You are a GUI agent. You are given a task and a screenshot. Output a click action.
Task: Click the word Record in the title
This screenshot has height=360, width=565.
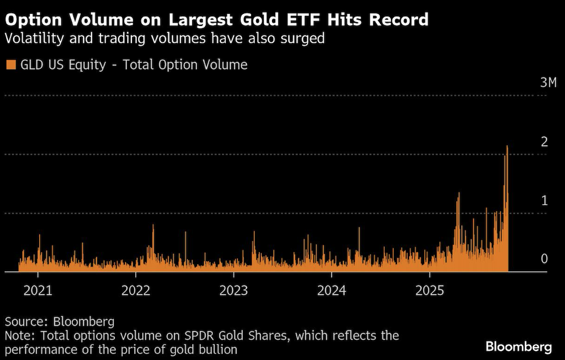[399, 20]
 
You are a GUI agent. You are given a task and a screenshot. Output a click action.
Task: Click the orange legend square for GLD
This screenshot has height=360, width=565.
[11, 65]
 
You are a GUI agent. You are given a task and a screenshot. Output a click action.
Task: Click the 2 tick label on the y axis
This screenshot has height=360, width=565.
[544, 141]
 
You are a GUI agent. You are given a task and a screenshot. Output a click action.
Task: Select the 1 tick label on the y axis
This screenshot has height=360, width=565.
[544, 201]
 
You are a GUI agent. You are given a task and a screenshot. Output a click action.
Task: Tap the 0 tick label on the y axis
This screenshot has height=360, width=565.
[544, 259]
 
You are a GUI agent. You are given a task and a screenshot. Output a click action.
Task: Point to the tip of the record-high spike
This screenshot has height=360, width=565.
[507, 146]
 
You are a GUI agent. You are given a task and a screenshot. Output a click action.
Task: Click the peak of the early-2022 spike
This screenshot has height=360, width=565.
[153, 225]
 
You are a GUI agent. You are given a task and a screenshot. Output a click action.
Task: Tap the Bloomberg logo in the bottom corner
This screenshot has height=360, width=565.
[519, 347]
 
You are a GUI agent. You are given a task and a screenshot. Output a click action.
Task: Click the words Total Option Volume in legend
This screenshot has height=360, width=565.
[185, 65]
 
